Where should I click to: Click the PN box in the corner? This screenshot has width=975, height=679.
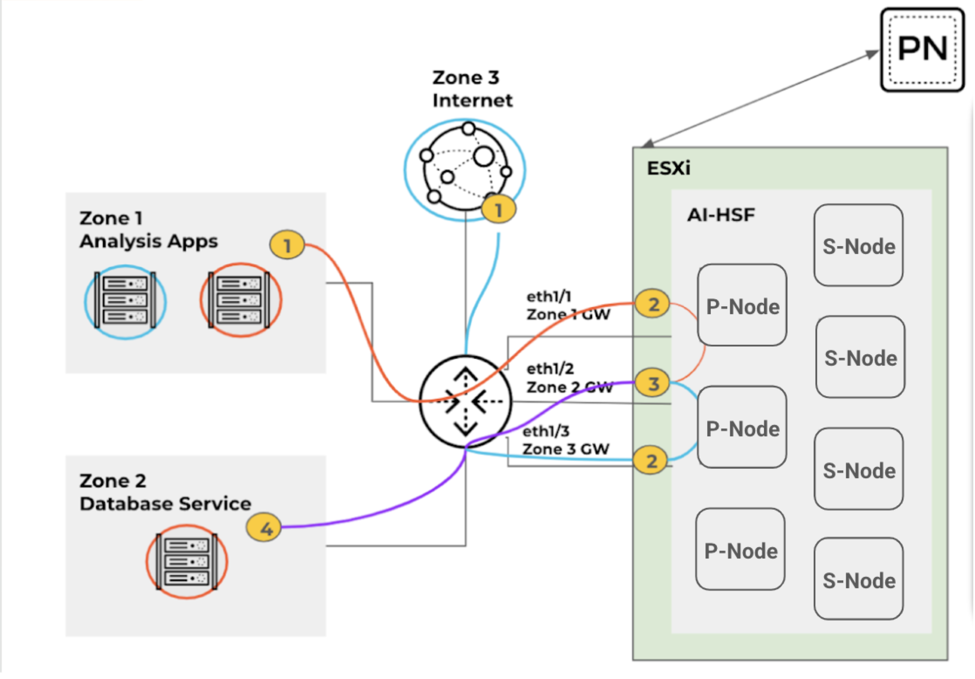pos(922,49)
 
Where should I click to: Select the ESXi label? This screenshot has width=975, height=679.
pos(668,168)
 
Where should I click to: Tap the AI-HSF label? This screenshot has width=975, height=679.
pos(721,215)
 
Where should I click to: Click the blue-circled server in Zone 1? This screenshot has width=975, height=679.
pos(125,302)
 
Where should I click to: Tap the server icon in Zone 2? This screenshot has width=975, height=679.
pos(187,561)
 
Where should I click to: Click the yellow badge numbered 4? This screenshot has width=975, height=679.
pos(264,528)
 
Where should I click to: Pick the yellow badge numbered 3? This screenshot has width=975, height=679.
pos(653,384)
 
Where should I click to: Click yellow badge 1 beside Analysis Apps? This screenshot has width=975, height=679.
pos(287,246)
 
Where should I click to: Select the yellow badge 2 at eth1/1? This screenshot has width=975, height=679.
pos(652,304)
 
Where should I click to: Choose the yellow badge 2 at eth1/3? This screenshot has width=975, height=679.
pos(651,461)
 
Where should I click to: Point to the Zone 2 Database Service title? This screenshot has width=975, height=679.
pos(165,492)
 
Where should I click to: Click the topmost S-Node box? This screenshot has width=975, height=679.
pos(858,246)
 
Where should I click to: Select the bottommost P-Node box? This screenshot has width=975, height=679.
pos(740,550)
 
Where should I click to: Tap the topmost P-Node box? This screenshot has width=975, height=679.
pos(742,306)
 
